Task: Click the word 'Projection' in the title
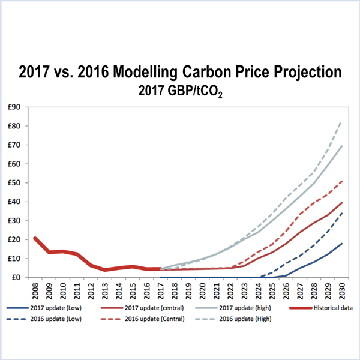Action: (298, 73)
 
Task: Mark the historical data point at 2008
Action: (36, 238)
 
